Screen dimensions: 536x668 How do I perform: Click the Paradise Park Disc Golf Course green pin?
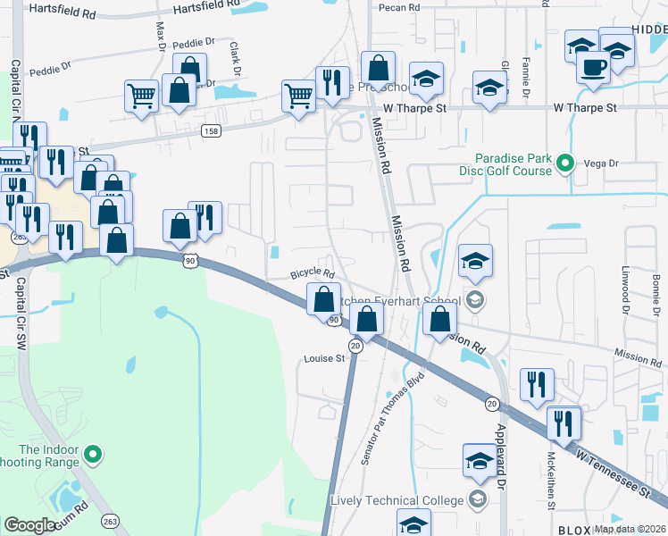point(564,163)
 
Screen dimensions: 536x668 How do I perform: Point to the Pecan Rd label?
point(398,7)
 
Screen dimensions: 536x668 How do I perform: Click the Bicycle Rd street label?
point(312,274)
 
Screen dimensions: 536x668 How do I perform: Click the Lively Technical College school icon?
point(477,498)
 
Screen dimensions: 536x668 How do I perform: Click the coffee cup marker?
point(593,66)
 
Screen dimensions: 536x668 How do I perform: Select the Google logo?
point(30,525)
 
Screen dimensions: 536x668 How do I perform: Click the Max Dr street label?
point(161,38)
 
